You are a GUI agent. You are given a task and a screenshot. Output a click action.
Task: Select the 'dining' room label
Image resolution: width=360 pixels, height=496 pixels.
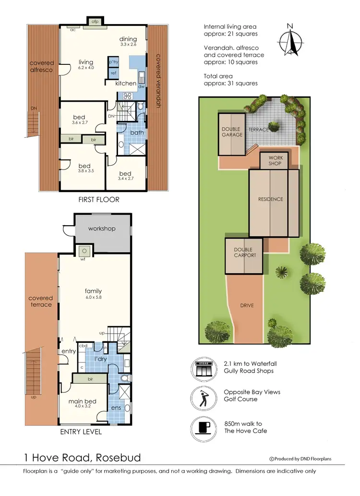128,39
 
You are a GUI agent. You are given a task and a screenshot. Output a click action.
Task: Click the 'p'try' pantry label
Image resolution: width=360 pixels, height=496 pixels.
114,62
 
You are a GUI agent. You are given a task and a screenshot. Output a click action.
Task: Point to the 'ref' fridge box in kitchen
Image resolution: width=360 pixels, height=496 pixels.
113,73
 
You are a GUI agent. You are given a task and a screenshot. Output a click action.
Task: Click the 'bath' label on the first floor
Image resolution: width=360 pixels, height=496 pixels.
137,132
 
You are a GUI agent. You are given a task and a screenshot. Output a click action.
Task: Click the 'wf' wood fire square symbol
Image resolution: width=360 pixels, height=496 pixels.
84,251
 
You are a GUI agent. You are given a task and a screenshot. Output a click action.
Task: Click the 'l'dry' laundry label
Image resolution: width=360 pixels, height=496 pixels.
100,359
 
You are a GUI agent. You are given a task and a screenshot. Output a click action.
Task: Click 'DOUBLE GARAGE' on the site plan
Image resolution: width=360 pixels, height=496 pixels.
231,132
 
